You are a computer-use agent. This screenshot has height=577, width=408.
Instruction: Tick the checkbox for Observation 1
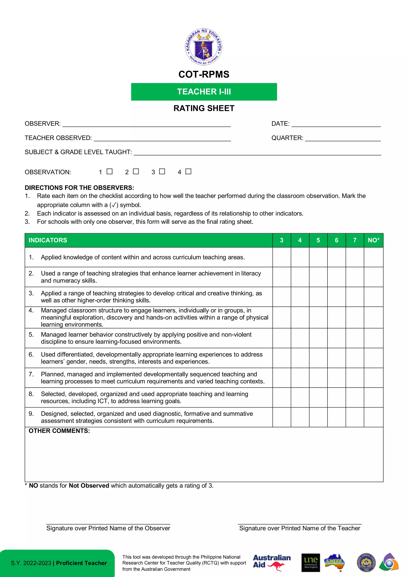(x=109, y=171)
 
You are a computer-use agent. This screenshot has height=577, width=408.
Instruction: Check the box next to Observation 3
(x=162, y=171)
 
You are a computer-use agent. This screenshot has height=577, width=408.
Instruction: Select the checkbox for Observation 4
(x=188, y=171)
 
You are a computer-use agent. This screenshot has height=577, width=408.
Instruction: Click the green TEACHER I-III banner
(x=204, y=92)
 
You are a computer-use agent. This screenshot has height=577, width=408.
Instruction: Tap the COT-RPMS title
(x=204, y=74)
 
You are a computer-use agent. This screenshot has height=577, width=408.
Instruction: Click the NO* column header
(x=373, y=240)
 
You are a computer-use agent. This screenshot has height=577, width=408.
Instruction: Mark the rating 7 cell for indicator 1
(x=355, y=257)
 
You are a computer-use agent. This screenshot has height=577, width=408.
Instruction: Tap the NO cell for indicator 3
(x=373, y=297)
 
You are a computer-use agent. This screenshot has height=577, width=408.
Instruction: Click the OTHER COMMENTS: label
(x=59, y=431)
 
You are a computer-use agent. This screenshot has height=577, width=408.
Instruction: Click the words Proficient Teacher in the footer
(x=81, y=563)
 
